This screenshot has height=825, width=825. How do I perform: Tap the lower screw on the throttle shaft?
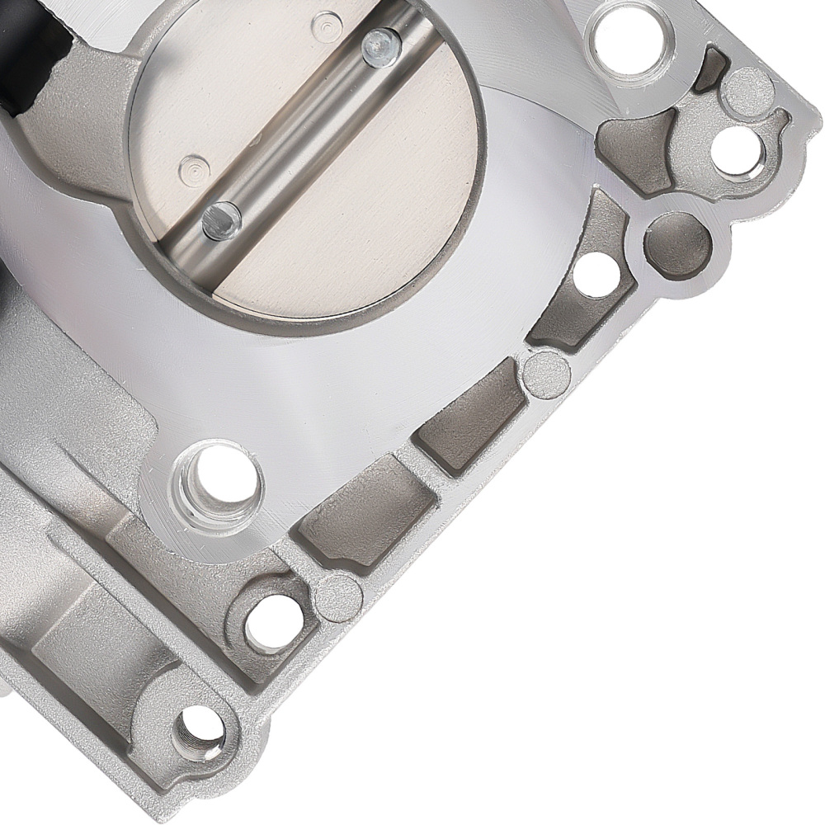(x=221, y=220)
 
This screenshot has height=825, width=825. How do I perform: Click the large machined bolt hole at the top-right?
(x=629, y=33)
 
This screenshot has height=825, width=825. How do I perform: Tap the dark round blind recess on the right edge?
(x=676, y=245)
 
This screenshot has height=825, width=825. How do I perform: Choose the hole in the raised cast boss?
(x=274, y=620)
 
